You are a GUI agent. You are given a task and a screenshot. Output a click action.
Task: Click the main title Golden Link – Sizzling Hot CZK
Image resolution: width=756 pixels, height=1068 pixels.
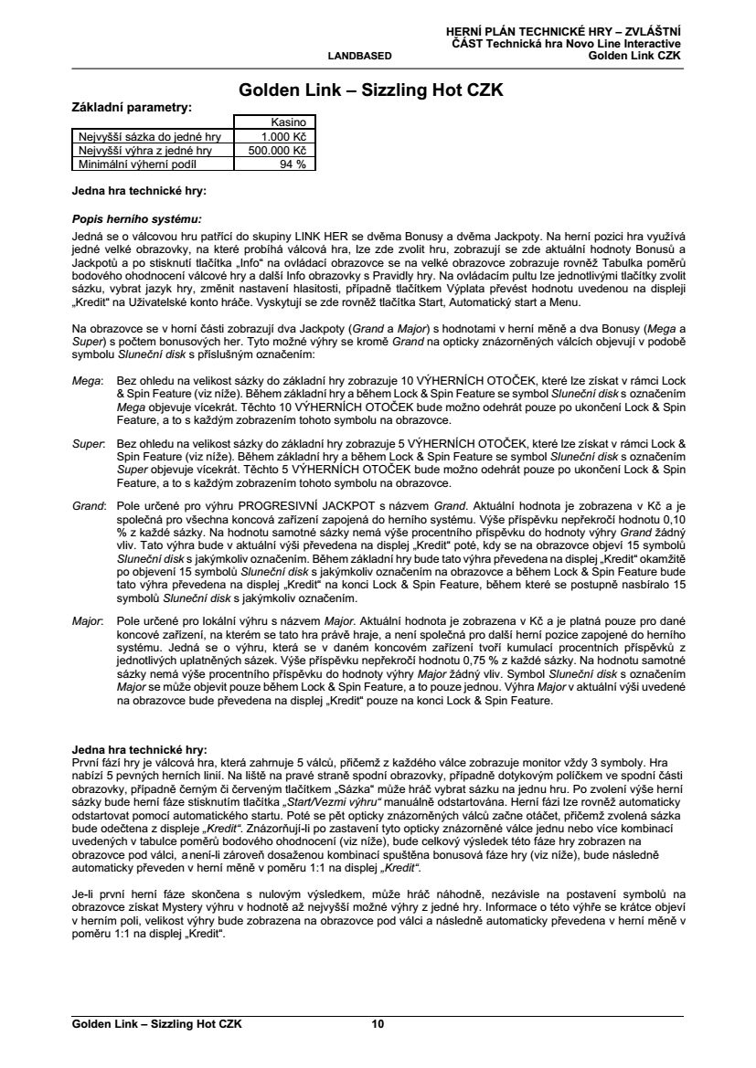coord(370,90)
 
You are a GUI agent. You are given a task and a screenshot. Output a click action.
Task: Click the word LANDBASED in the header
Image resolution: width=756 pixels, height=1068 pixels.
coord(359,56)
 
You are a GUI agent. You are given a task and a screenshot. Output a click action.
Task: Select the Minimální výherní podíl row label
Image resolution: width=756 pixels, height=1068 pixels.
coord(132,164)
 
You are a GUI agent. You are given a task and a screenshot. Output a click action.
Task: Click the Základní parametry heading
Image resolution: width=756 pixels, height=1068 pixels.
coord(133,107)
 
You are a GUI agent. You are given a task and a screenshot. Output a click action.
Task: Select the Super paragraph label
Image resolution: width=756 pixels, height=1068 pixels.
coord(88,442)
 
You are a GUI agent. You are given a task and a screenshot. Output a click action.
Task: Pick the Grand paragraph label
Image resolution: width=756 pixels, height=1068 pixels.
coord(88,505)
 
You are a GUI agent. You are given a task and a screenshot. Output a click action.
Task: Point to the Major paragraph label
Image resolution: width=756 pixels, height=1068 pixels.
coord(87,619)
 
